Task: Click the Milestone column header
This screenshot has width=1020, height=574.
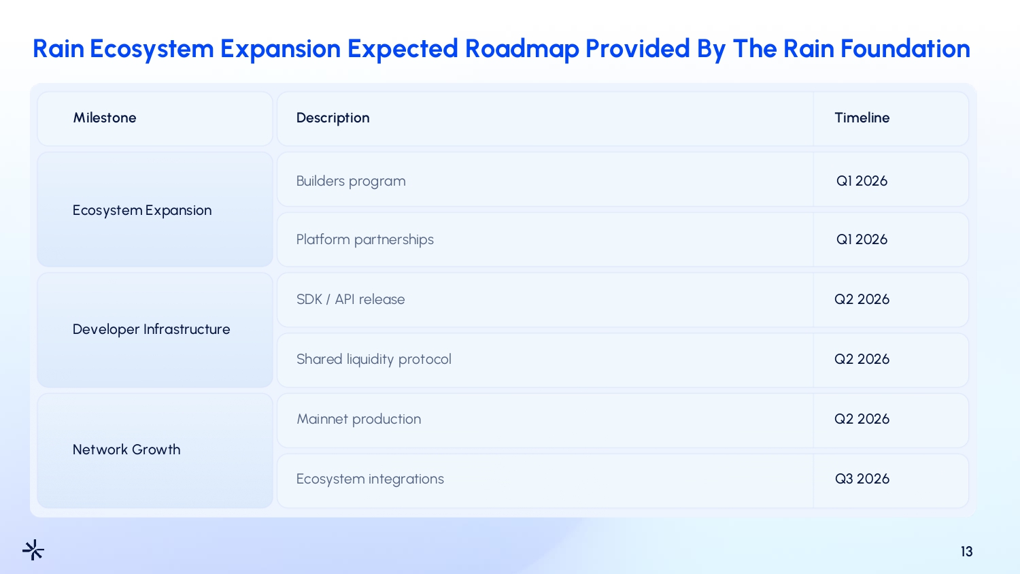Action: (x=105, y=118)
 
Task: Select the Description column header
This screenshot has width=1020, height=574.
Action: (x=333, y=118)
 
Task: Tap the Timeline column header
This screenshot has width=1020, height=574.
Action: (x=862, y=118)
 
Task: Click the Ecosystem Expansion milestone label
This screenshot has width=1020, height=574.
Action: (x=142, y=210)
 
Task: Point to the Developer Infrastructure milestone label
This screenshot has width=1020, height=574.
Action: (x=151, y=329)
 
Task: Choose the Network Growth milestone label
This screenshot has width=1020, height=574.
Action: (x=126, y=450)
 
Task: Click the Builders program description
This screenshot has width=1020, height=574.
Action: (x=351, y=182)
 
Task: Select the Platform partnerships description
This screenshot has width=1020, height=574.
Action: (x=364, y=239)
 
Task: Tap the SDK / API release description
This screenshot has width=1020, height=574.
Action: (x=350, y=299)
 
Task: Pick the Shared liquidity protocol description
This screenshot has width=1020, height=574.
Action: (x=373, y=360)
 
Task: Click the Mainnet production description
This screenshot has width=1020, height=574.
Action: (x=359, y=419)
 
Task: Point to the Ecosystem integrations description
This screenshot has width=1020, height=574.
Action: (x=370, y=479)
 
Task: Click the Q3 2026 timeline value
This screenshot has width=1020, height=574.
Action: (x=862, y=479)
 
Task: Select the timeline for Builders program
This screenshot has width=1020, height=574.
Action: (x=862, y=181)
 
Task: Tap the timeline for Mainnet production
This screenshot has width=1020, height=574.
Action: (x=862, y=419)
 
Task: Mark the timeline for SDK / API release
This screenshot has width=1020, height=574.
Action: (x=862, y=299)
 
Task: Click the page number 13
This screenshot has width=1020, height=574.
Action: (x=966, y=552)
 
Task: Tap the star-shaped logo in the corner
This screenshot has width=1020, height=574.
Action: (x=33, y=550)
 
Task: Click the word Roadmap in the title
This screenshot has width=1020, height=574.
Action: (x=522, y=49)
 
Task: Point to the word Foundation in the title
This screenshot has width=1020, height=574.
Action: (x=905, y=48)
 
